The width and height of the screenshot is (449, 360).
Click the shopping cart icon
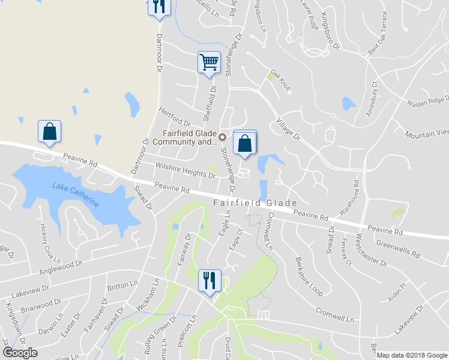point(209,62)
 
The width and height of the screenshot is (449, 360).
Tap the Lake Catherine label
point(75,195)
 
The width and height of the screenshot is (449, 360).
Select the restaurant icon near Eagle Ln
point(209,281)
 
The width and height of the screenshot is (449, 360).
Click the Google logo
point(20,353)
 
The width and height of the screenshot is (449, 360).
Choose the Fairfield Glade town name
point(255,203)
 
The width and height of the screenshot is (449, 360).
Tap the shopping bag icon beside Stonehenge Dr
point(244,143)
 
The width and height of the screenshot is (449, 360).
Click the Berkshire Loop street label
point(309,277)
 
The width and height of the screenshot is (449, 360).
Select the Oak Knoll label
point(280,80)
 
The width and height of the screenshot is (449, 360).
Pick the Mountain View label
point(427,133)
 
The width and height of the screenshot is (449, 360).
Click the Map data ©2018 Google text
point(412,355)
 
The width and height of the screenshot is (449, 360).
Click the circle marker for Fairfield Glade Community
point(223,136)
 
